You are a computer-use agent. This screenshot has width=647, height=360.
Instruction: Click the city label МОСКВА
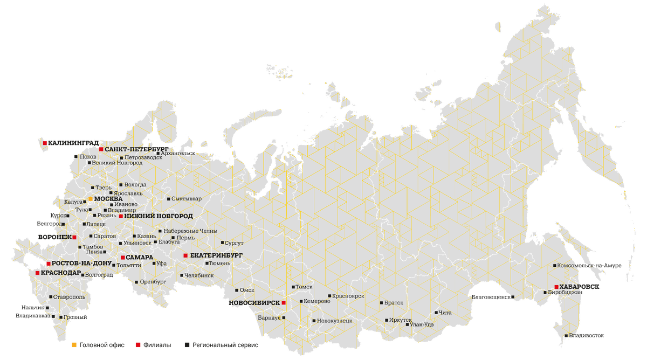point(108,199)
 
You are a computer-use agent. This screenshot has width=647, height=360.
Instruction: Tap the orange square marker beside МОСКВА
point(91,199)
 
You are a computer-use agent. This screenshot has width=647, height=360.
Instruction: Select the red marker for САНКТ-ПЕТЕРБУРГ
point(101,149)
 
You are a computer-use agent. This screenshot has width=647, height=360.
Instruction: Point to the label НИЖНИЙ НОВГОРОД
point(159,216)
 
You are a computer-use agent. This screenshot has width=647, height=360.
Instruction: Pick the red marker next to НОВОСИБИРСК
point(283,303)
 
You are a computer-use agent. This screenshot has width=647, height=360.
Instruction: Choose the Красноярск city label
point(348,296)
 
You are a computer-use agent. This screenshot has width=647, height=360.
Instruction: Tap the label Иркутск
point(400,320)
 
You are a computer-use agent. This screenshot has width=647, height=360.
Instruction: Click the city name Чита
point(445,313)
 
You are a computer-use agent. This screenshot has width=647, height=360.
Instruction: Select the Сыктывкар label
point(187,199)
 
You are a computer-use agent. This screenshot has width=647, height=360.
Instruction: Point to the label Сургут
point(234,244)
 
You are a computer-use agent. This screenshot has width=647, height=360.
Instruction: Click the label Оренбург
point(153,281)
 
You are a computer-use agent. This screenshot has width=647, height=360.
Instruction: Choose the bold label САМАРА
point(140,257)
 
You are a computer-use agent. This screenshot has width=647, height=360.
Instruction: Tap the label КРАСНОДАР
point(61,273)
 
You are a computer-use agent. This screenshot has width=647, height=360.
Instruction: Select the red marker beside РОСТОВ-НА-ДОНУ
point(48,264)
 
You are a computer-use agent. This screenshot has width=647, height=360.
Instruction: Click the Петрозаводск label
point(143,157)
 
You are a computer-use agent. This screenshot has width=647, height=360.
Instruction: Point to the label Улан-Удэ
point(422,324)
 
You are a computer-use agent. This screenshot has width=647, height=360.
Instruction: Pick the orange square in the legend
point(73,344)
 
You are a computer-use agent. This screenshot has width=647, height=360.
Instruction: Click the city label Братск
point(394,303)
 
